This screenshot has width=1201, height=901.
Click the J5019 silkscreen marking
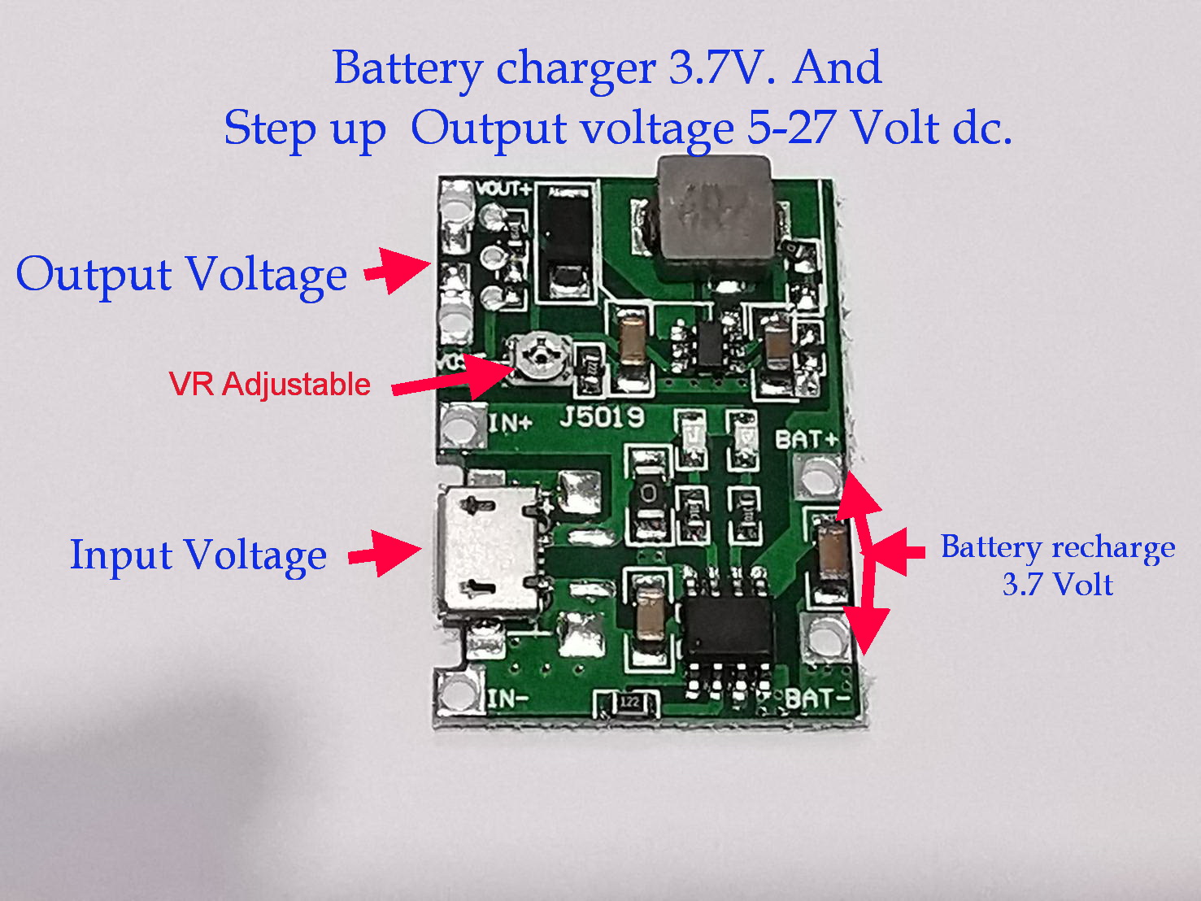coord(602,418)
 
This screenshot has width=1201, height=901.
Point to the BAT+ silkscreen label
coord(805,439)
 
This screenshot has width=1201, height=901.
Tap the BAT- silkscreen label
coord(816,698)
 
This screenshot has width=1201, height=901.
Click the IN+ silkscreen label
coord(511,422)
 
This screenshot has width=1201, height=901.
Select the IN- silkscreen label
coord(508,698)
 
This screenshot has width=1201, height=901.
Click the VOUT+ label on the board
coord(503,189)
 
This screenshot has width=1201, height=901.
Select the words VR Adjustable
coord(269,384)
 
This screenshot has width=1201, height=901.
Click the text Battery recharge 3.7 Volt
coord(1057,565)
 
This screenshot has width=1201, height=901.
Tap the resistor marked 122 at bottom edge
coord(629,702)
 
